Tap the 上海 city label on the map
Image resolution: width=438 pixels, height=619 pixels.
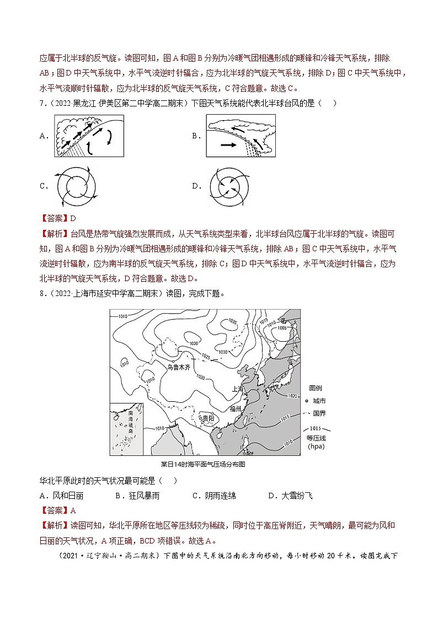tap(238, 388)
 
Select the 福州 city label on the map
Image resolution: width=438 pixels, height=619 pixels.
tap(238, 408)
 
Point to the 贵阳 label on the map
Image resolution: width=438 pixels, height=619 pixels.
tap(209, 418)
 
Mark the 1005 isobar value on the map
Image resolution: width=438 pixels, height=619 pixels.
tap(282, 327)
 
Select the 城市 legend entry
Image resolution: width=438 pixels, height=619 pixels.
tap(319, 401)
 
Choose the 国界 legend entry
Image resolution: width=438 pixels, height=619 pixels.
tap(319, 413)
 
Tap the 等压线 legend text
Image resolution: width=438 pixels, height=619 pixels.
tap(316, 438)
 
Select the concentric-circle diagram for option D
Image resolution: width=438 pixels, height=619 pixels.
tap(228, 187)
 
